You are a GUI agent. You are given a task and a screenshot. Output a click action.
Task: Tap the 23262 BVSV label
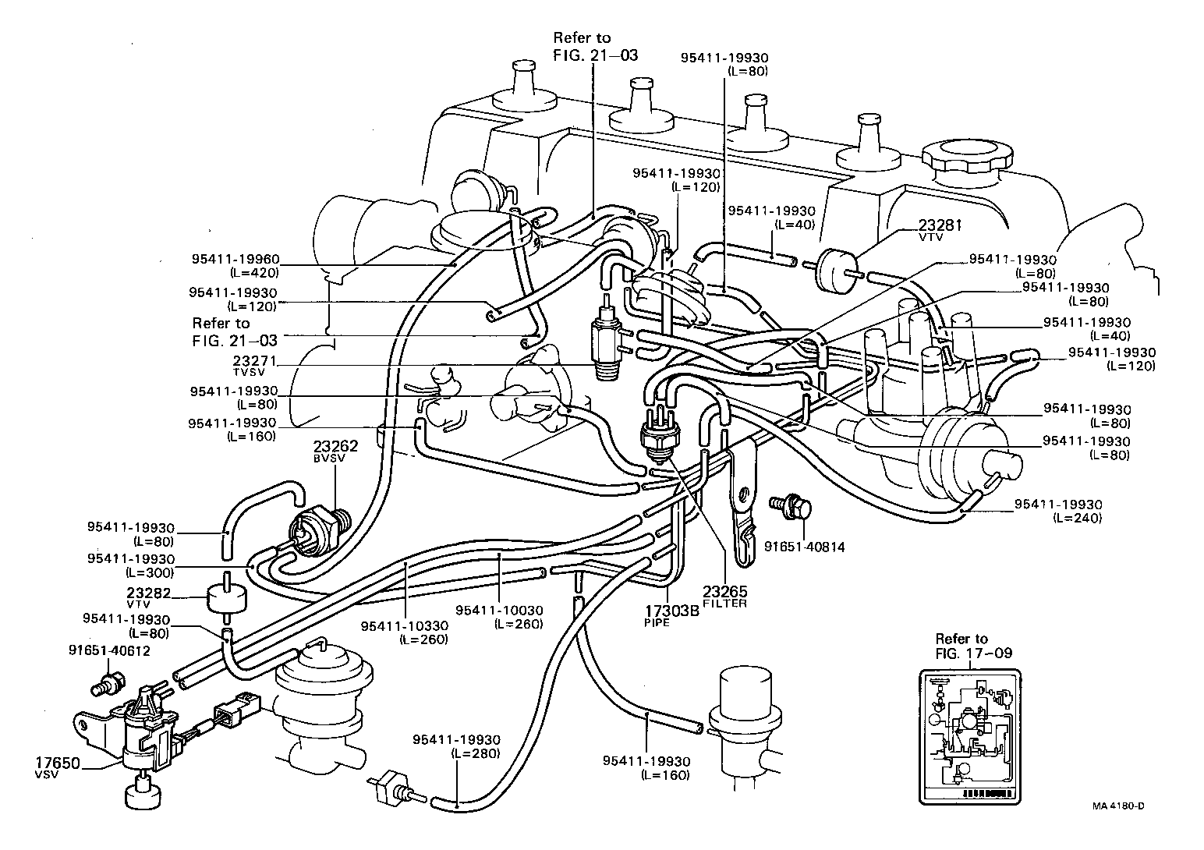[335, 447]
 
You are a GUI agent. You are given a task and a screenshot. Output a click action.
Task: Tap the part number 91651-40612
[109, 650]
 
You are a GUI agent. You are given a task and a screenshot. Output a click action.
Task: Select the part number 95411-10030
[499, 610]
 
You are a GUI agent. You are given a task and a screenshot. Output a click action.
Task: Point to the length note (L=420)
[253, 272]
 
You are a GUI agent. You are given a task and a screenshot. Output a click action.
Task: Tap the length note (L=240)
[1077, 517]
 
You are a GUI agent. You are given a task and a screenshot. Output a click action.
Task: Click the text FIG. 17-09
[973, 653]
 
